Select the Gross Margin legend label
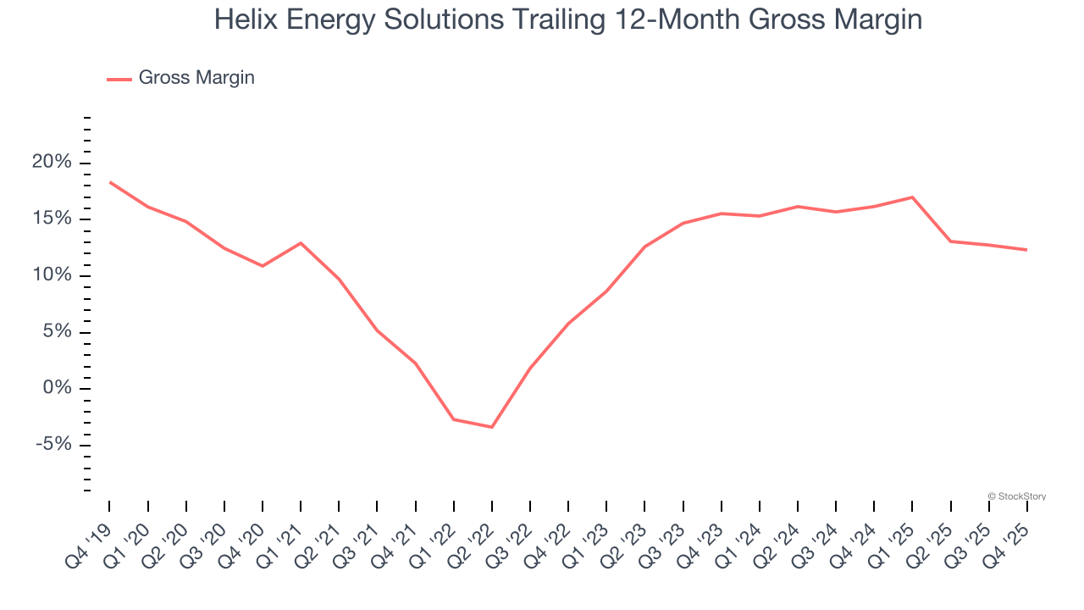click(x=196, y=78)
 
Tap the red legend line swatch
click(x=119, y=79)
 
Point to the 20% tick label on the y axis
click(x=52, y=163)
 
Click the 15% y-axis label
click(x=52, y=219)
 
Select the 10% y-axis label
click(x=52, y=275)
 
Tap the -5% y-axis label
click(x=52, y=445)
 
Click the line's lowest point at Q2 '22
click(x=492, y=427)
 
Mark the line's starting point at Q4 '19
click(x=110, y=182)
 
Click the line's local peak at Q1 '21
click(x=301, y=243)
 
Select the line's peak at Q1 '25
click(x=912, y=197)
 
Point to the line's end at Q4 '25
click(x=1026, y=250)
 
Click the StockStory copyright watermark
click(x=1016, y=496)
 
